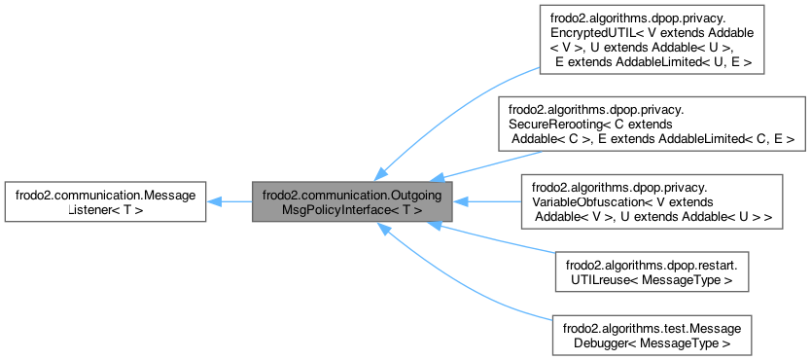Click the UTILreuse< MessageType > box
tap(652, 272)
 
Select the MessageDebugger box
tap(652, 333)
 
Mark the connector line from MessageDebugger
tap(467, 282)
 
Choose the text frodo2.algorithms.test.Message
tap(652, 326)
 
